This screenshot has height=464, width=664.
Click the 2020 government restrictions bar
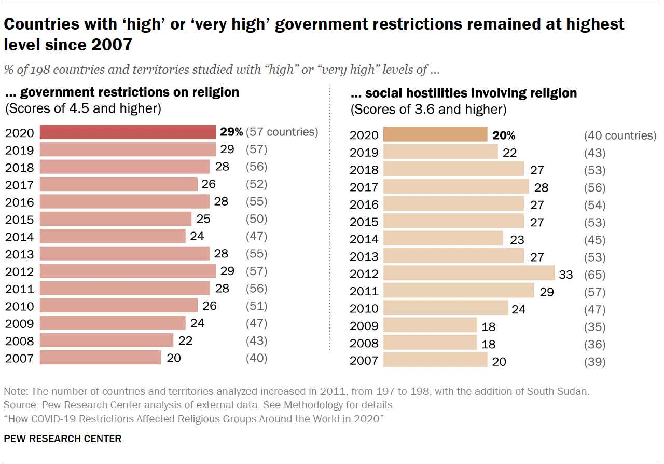pos(128,132)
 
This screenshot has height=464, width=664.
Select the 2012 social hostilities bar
pos(469,274)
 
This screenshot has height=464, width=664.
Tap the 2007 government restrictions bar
pos(101,358)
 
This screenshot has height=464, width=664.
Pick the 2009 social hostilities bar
pos(430,326)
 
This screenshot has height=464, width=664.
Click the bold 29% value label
pos(231,132)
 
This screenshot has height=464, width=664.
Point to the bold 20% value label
pos(504,135)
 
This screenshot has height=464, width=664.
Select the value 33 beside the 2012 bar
pos(565,274)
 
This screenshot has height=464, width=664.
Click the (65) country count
pos(594,274)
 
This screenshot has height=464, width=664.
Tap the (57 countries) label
pos(282,132)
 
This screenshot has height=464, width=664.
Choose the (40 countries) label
pos(620,135)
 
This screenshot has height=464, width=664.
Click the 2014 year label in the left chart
pos(20,237)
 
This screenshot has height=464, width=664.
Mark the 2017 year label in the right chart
pos(364,187)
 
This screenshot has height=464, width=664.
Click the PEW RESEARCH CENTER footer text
pos(63,439)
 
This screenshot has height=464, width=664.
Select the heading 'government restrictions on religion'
pos(129,92)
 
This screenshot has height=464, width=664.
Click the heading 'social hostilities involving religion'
pos(471,93)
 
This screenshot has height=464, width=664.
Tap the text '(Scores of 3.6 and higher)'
pos(428,110)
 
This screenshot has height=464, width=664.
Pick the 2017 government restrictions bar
pos(119,184)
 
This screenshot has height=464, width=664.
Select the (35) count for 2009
pos(594,326)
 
